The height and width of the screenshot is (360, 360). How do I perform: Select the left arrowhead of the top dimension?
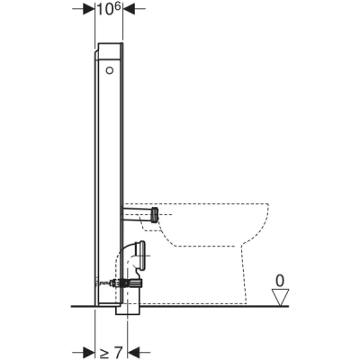89,10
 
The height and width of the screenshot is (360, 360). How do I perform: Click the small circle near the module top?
109,68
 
